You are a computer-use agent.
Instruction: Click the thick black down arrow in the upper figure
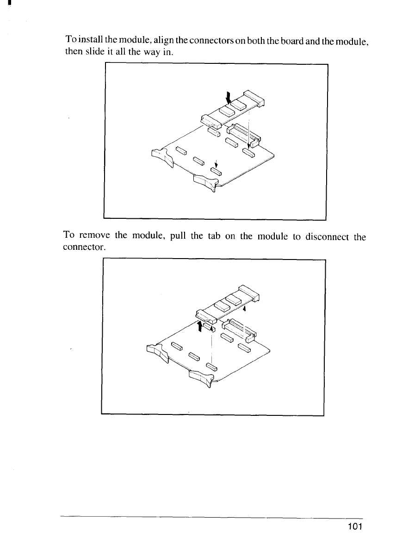(x=228, y=98)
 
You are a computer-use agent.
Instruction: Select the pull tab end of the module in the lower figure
(x=206, y=316)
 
